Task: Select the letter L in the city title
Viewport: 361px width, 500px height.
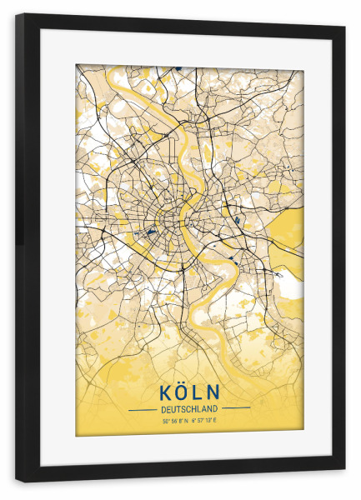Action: coord(197,392)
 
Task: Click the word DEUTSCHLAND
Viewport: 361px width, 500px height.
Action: coord(189,408)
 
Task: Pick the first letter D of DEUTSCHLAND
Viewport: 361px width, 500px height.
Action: coord(163,408)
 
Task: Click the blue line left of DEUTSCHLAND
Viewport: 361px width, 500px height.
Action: coord(142,408)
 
